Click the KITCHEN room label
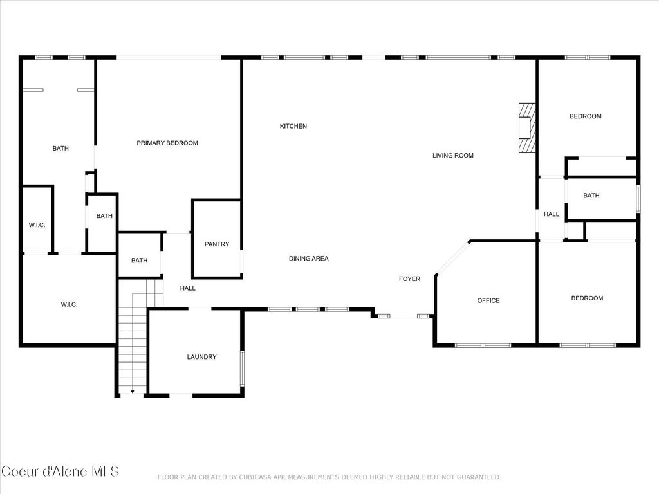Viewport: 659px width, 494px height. point(293,126)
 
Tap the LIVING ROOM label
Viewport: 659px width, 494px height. point(452,155)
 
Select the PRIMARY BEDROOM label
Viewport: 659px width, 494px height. point(167,143)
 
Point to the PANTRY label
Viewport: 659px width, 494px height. point(216,244)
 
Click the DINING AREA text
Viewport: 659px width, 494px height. point(308,259)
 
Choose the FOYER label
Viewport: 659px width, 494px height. point(409,279)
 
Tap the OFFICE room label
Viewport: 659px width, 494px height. point(488,300)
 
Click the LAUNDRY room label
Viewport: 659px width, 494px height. point(201,357)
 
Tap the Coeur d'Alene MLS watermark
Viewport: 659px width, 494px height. point(60,471)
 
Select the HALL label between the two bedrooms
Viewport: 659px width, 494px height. point(551,214)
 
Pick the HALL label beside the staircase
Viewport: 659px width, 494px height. point(187,288)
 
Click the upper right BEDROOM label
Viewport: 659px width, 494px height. point(585,116)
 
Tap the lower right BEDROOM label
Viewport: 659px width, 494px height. point(587,298)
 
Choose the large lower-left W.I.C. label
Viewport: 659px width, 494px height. point(69,304)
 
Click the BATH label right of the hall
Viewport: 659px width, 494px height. point(591,196)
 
